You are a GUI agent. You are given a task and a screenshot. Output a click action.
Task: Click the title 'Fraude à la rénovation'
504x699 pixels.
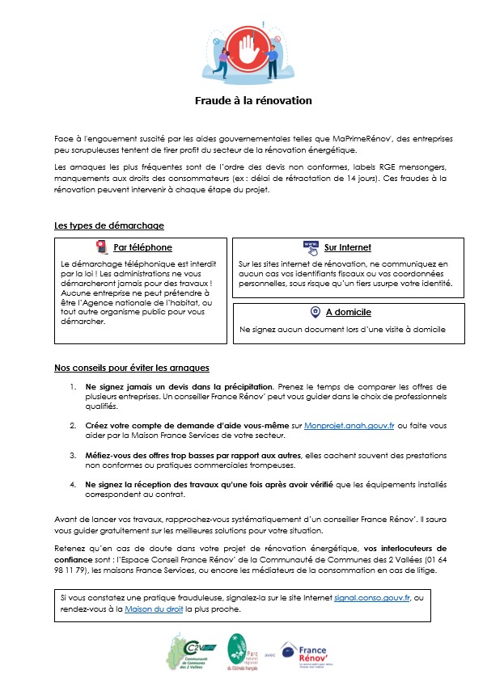click(x=252, y=101)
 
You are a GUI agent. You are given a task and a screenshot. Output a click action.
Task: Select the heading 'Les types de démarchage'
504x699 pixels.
click(x=108, y=225)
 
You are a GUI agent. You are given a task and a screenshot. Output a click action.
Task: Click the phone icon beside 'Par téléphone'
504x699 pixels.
click(x=101, y=246)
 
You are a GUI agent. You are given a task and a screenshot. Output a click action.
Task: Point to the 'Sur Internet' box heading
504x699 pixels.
click(x=347, y=247)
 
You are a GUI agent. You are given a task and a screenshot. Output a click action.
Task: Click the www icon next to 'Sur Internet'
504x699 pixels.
click(x=311, y=246)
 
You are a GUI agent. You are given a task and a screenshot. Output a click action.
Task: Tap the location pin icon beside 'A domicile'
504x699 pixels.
click(x=315, y=312)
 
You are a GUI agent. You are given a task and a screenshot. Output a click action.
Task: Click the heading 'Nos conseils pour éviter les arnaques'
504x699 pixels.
click(x=132, y=368)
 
